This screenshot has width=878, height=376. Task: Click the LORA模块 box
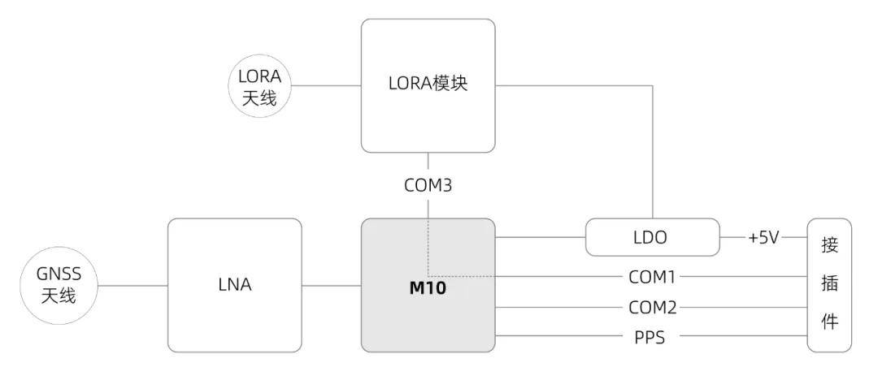tap(428, 85)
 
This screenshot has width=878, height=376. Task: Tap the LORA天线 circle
tap(260, 85)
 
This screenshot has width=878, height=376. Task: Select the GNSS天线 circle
tap(59, 285)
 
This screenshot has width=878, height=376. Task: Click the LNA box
tap(235, 285)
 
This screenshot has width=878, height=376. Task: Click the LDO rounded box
tap(652, 237)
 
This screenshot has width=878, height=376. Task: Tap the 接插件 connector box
tap(829, 285)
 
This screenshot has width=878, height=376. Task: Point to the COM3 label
tap(428, 185)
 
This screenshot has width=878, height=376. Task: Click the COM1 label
tap(652, 277)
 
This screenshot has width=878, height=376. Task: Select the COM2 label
tap(652, 307)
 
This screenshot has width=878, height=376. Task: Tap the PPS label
tap(650, 337)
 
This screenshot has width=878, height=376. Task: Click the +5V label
tap(763, 237)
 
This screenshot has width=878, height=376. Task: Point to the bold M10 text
tap(428, 289)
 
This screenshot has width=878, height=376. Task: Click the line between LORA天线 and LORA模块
tap(327, 85)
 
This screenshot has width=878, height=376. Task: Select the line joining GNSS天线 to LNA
tap(133, 285)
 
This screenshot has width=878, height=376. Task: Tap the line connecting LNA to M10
tap(332, 285)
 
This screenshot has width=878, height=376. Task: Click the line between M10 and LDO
tap(541, 237)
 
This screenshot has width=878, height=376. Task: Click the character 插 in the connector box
tap(829, 284)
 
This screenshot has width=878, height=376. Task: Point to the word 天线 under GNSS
tap(59, 295)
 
